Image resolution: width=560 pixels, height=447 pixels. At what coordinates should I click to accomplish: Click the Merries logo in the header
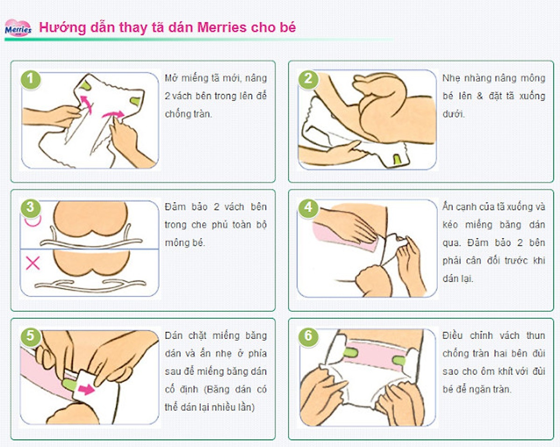18,28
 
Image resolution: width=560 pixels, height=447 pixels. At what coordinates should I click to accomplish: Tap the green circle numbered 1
31,79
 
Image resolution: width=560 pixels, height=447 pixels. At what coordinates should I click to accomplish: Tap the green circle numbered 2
308,78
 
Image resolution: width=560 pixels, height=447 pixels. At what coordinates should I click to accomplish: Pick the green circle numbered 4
308,207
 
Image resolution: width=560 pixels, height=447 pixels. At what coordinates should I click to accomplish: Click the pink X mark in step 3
33,263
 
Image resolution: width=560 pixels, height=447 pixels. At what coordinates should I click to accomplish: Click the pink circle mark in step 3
31,222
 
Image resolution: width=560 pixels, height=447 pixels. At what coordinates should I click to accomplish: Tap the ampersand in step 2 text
481,96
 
